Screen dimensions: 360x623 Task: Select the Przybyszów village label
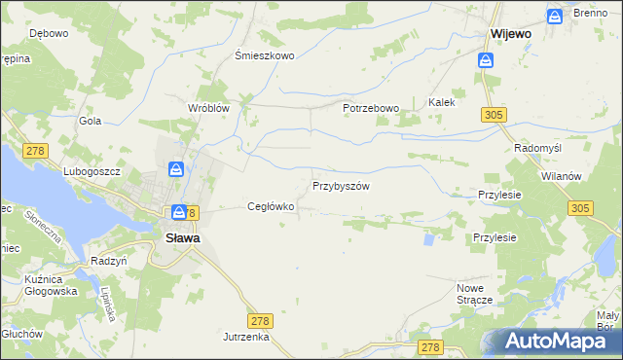tap(341, 185)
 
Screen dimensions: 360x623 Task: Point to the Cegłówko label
tap(271, 206)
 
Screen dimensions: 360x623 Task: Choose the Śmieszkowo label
tap(265, 55)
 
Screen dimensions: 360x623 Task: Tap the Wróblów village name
tap(208, 108)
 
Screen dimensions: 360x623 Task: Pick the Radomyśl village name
tap(535, 148)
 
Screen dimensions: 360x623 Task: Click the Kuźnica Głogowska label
tap(39, 284)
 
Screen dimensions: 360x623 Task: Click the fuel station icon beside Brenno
tap(554, 16)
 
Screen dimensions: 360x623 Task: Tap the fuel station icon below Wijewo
tap(485, 59)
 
